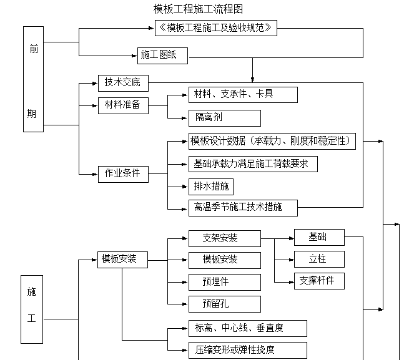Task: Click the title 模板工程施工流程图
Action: click(199, 9)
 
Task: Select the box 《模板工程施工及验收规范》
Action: click(215, 28)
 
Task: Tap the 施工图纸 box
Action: click(162, 56)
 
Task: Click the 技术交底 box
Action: click(123, 82)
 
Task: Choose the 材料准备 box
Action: click(123, 105)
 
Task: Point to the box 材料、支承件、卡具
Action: click(243, 95)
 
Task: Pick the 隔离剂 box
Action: click(224, 118)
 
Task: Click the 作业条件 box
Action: click(123, 174)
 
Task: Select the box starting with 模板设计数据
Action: click(272, 141)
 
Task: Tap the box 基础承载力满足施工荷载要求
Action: click(253, 164)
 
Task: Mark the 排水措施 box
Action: click(210, 187)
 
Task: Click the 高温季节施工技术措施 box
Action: click(243, 207)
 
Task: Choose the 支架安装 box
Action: click(224, 238)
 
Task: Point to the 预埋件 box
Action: click(224, 281)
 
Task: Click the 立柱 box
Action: click(319, 259)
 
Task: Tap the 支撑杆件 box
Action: click(319, 280)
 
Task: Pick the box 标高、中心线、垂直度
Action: click(247, 328)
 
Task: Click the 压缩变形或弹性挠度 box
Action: click(247, 350)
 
